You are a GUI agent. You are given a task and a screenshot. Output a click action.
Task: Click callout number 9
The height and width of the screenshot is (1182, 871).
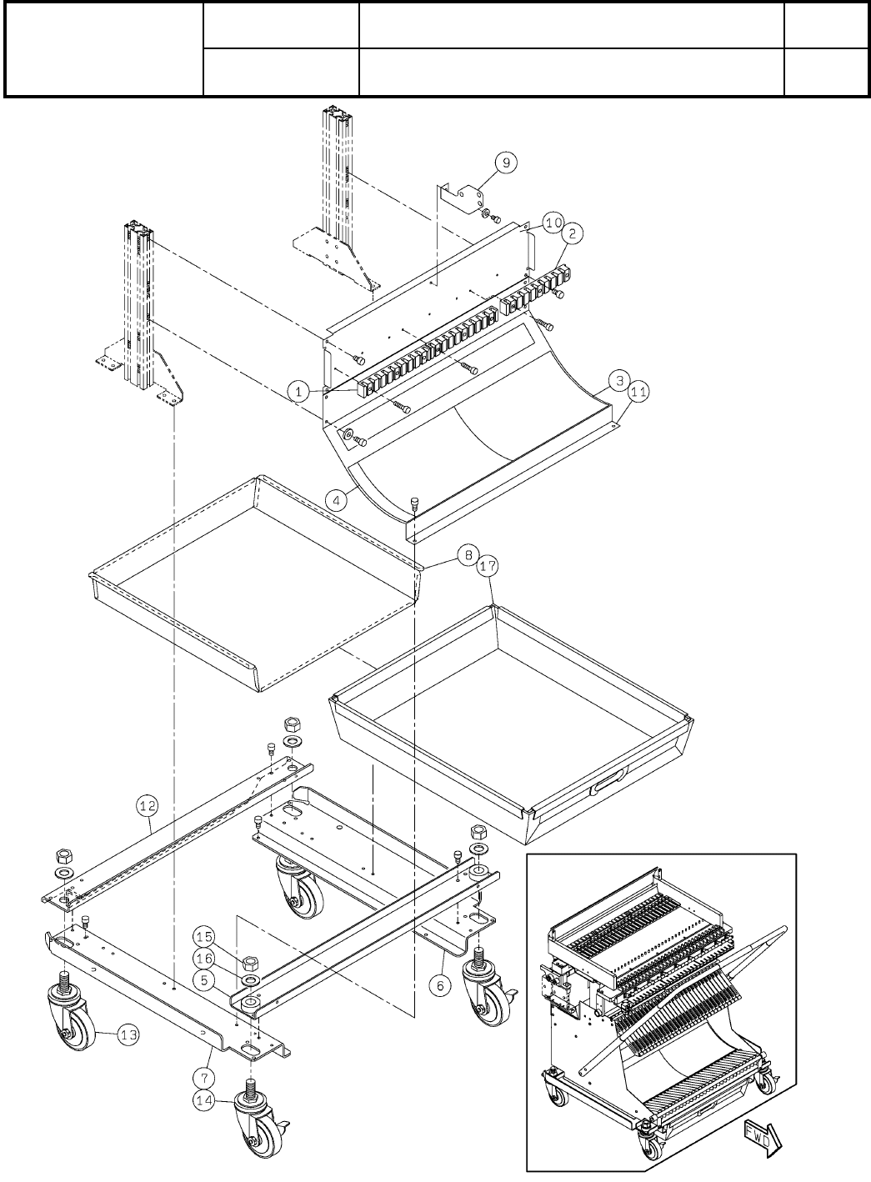tap(506, 163)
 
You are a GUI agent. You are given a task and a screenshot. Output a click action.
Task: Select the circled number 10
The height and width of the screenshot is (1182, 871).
tap(554, 223)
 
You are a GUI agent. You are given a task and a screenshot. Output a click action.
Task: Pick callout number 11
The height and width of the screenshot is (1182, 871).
tap(638, 389)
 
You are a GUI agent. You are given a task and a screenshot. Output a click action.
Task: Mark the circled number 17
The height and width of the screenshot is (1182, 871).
tap(488, 566)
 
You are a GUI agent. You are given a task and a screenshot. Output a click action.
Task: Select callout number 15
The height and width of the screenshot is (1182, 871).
tap(206, 938)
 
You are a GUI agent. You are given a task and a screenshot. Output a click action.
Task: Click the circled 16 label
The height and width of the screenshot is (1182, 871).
tap(206, 958)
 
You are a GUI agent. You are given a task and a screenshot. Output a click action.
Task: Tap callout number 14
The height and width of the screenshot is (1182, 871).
tap(206, 1100)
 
